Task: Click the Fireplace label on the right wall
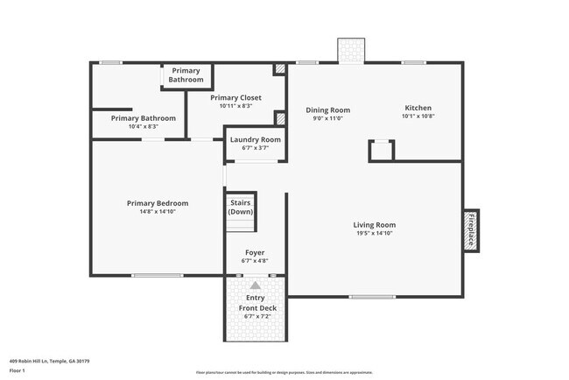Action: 471,229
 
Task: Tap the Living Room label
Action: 375,224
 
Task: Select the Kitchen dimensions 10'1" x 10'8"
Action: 418,116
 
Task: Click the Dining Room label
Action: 328,110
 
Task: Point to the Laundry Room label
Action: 255,139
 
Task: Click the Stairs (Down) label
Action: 241,207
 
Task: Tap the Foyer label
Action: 255,252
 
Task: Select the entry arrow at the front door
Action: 255,285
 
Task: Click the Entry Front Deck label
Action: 255,303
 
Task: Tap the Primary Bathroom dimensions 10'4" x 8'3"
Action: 143,127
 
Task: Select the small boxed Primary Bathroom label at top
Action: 186,75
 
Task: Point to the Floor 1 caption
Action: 18,370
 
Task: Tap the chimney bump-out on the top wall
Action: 352,50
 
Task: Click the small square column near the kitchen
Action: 381,151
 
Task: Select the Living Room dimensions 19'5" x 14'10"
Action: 375,234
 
